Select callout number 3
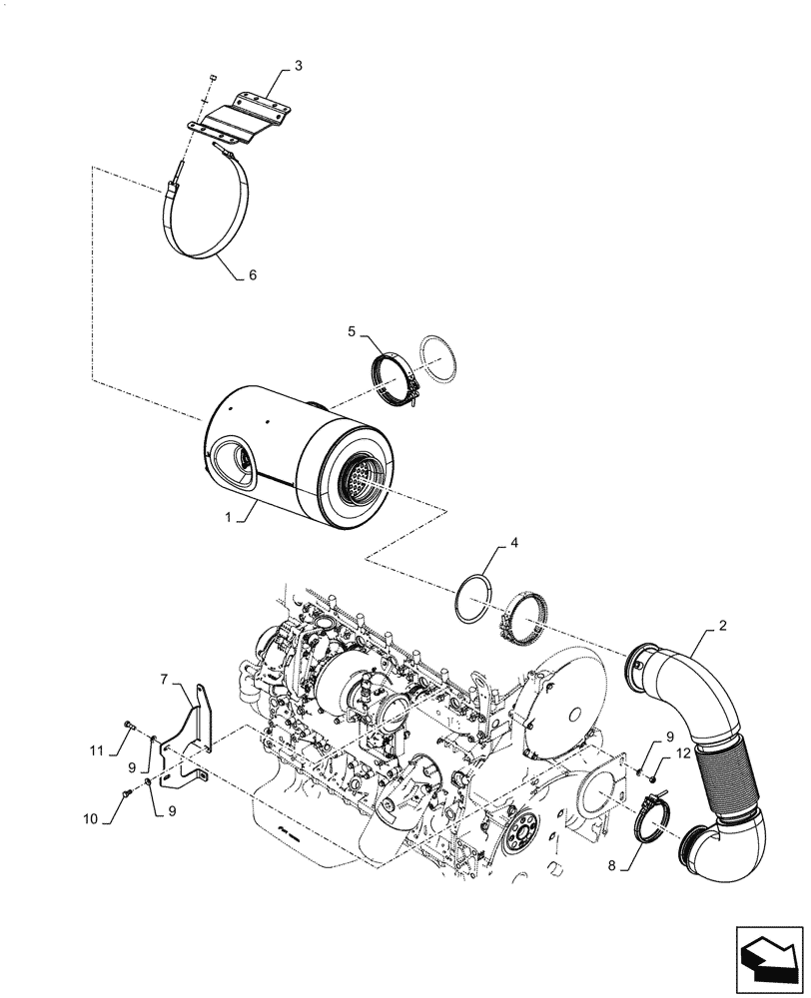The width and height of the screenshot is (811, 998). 298,66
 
